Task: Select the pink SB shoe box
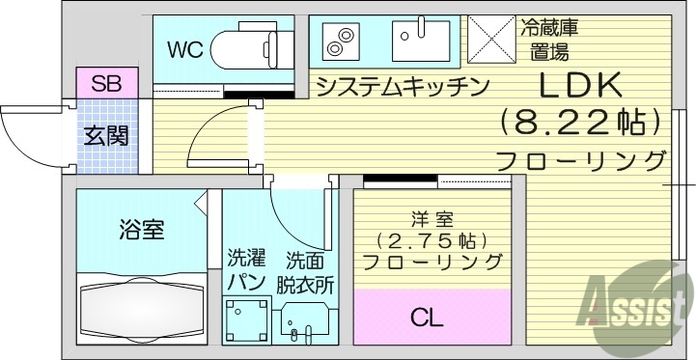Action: (x=100, y=83)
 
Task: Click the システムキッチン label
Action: (x=401, y=86)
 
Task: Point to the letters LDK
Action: (x=577, y=87)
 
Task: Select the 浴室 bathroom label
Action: (x=141, y=230)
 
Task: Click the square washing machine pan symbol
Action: (x=244, y=318)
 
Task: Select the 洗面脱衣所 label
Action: (x=305, y=272)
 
